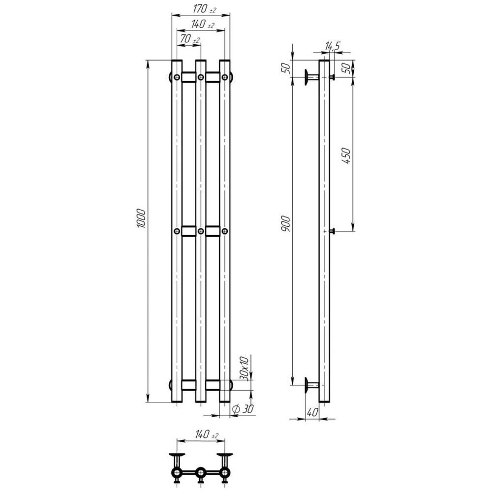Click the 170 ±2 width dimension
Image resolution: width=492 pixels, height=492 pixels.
204,9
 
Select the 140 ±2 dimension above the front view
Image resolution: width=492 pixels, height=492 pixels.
202,24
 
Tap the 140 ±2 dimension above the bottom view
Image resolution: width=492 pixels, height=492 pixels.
207,434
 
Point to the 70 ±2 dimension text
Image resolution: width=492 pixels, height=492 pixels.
190,39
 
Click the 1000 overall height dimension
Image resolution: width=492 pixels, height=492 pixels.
142,218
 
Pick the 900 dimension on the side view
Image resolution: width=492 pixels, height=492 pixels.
286,223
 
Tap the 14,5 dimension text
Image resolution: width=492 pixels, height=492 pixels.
332,46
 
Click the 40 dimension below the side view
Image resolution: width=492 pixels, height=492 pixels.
312,412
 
